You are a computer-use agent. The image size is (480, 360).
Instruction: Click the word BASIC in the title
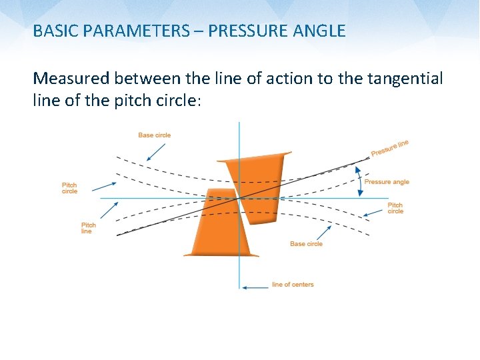[x=53, y=31]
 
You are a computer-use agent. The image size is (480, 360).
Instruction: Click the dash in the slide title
[x=198, y=31]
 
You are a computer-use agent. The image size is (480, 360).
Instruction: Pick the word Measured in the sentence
[x=71, y=79]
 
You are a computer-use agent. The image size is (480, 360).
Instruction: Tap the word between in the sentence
[x=146, y=79]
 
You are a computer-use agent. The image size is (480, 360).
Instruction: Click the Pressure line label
[x=390, y=148]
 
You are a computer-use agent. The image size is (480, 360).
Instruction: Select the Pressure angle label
[x=387, y=182]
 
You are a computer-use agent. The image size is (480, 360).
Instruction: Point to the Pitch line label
[x=89, y=228]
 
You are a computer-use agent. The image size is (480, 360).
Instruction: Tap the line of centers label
[x=293, y=285]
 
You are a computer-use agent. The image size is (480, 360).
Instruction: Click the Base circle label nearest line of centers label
[x=306, y=244]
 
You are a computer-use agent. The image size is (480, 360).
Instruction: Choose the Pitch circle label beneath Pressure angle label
[x=395, y=208]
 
